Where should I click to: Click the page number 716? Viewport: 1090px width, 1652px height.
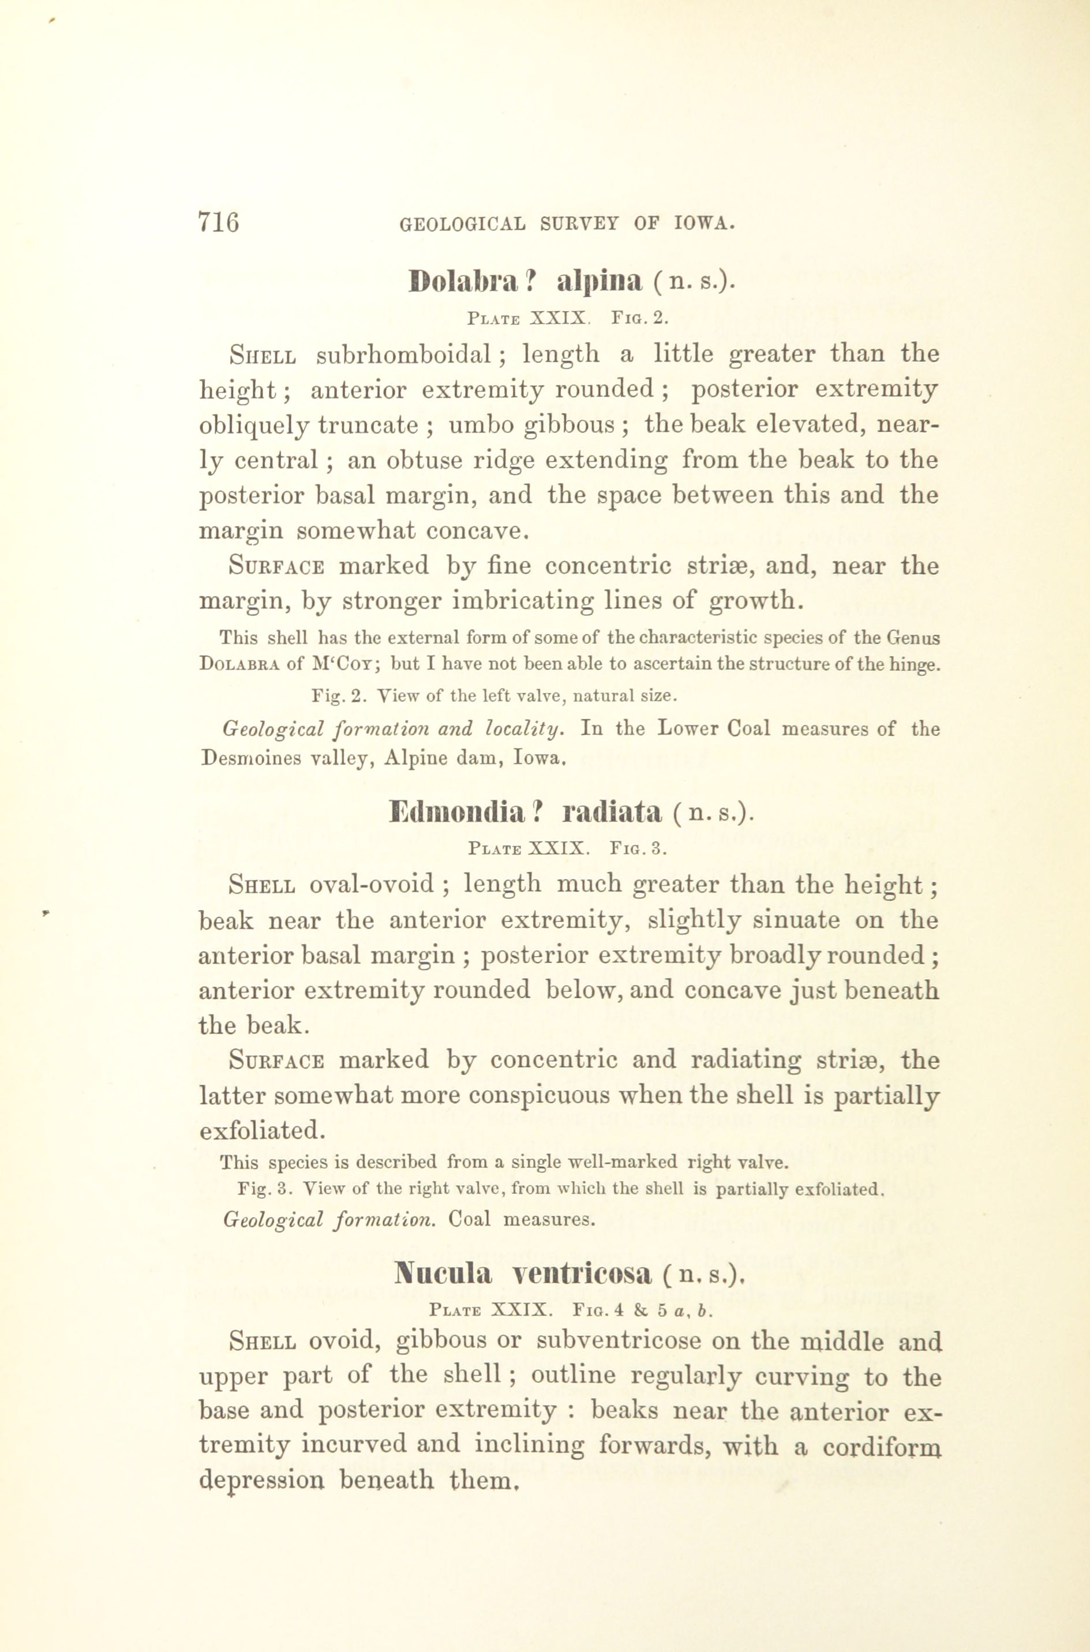pos(218,222)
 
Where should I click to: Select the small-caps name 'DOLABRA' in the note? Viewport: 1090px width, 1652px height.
pos(239,664)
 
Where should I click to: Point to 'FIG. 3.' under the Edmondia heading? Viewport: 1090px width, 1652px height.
pos(639,849)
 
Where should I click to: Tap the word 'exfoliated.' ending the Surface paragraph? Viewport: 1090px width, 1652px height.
pos(262,1131)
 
